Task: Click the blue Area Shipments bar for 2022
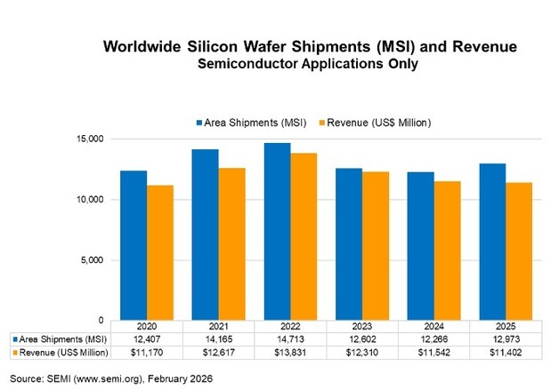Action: click(x=278, y=231)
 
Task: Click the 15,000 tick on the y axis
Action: click(x=92, y=139)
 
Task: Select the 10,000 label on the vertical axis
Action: click(x=92, y=200)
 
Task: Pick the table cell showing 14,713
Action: click(x=290, y=338)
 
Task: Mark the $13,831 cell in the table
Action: click(x=290, y=354)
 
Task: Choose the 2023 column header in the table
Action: click(x=363, y=326)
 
